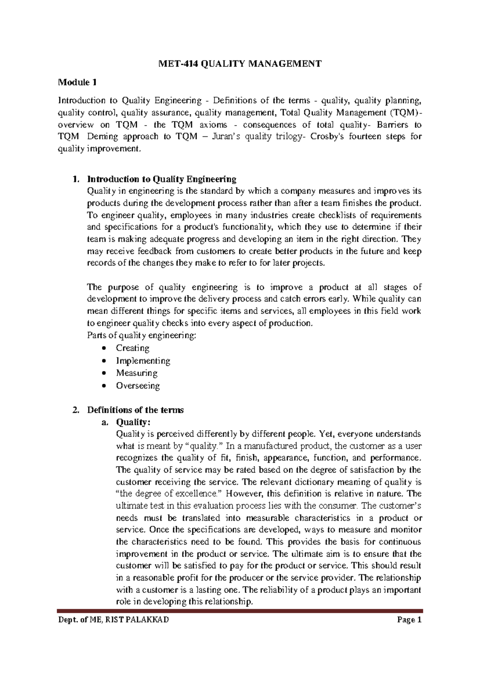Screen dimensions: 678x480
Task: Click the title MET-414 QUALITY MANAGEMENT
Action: [240, 64]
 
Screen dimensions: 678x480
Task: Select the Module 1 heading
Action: [77, 82]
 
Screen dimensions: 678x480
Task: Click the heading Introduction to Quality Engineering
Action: [162, 179]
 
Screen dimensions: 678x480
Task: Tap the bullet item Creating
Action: [132, 348]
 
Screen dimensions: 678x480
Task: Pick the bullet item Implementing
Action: [143, 361]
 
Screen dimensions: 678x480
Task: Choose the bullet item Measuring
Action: [136, 373]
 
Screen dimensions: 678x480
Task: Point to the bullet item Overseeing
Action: [138, 386]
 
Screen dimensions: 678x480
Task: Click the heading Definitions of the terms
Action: [135, 410]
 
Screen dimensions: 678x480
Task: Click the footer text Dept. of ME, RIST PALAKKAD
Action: [114, 620]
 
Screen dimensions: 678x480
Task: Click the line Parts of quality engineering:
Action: [142, 335]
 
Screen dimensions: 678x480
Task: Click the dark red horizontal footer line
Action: [240, 611]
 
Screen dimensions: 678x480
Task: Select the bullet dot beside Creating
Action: [104, 348]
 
